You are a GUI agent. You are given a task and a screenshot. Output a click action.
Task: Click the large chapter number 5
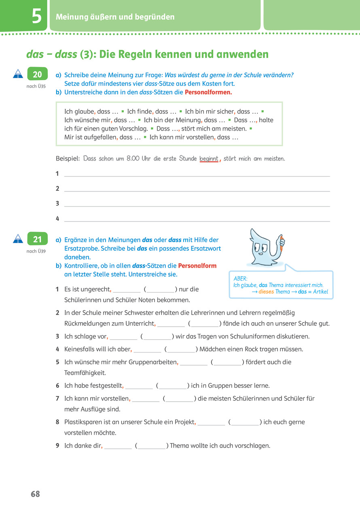[36, 17]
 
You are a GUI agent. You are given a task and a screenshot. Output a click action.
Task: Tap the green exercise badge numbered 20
[37, 74]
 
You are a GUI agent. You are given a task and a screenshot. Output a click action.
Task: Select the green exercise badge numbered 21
[37, 239]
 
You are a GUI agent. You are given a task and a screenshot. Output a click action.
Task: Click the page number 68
[36, 494]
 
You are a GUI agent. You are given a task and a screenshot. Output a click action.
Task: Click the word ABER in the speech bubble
[241, 279]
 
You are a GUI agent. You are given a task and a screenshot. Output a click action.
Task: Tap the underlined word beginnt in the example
[209, 159]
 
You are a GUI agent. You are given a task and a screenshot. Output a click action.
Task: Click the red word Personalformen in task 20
[208, 92]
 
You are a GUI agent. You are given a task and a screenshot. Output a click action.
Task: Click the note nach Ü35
[36, 86]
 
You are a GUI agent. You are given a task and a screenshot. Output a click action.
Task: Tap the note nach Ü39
[36, 251]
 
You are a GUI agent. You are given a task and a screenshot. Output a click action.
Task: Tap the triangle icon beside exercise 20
[18, 74]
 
